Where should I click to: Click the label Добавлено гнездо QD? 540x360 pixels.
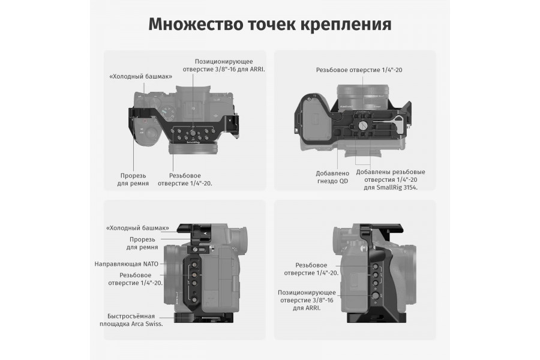tap(332, 177)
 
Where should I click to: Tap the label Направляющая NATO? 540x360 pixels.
tap(126, 264)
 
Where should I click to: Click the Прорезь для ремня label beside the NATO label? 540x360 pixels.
tap(142, 243)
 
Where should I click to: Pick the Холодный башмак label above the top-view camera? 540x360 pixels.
tap(140, 76)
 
